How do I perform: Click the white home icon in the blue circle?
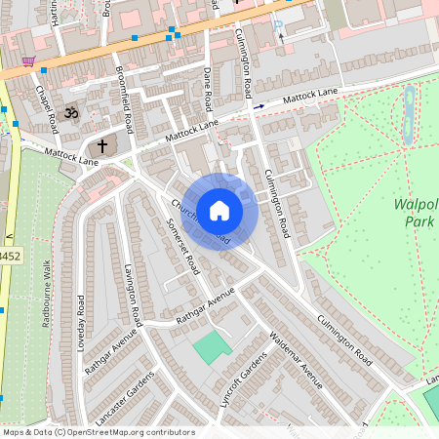[x=219, y=210]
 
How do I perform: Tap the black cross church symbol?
[x=102, y=144]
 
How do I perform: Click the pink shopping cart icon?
[x=29, y=61]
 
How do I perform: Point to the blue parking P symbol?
[x=278, y=27]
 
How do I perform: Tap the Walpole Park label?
[x=417, y=214]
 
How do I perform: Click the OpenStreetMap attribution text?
[x=99, y=432]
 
